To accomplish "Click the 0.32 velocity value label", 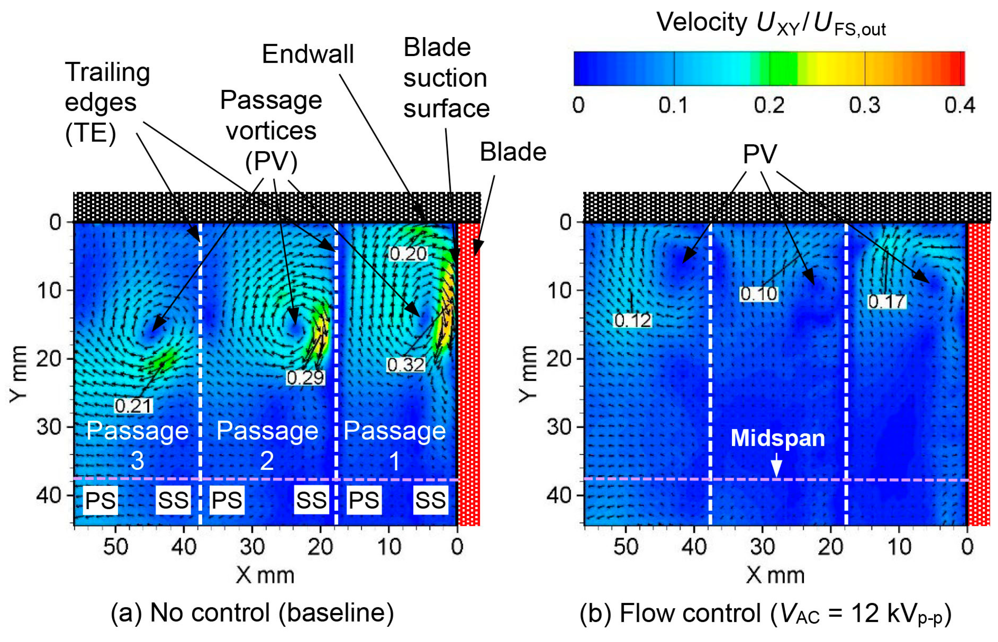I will (405, 365).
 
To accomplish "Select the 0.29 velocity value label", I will (305, 377).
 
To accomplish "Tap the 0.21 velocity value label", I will (133, 406).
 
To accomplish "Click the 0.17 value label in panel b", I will (886, 301).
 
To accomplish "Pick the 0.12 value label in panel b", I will (632, 320).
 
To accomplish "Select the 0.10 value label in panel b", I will (758, 294).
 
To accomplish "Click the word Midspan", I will (777, 438).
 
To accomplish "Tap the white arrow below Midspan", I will (776, 465).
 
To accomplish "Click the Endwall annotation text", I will (308, 54).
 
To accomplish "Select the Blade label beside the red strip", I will (512, 152).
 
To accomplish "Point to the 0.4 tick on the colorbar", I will (959, 105).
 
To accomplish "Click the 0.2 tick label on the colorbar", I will (769, 105).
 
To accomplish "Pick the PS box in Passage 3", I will (100, 500).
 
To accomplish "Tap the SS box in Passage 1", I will (431, 500).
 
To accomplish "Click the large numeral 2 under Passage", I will (267, 461).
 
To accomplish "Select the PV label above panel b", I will (760, 154).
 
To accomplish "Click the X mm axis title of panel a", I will (265, 575).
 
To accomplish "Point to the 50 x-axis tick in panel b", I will (626, 546).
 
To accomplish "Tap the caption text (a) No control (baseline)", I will (252, 613).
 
